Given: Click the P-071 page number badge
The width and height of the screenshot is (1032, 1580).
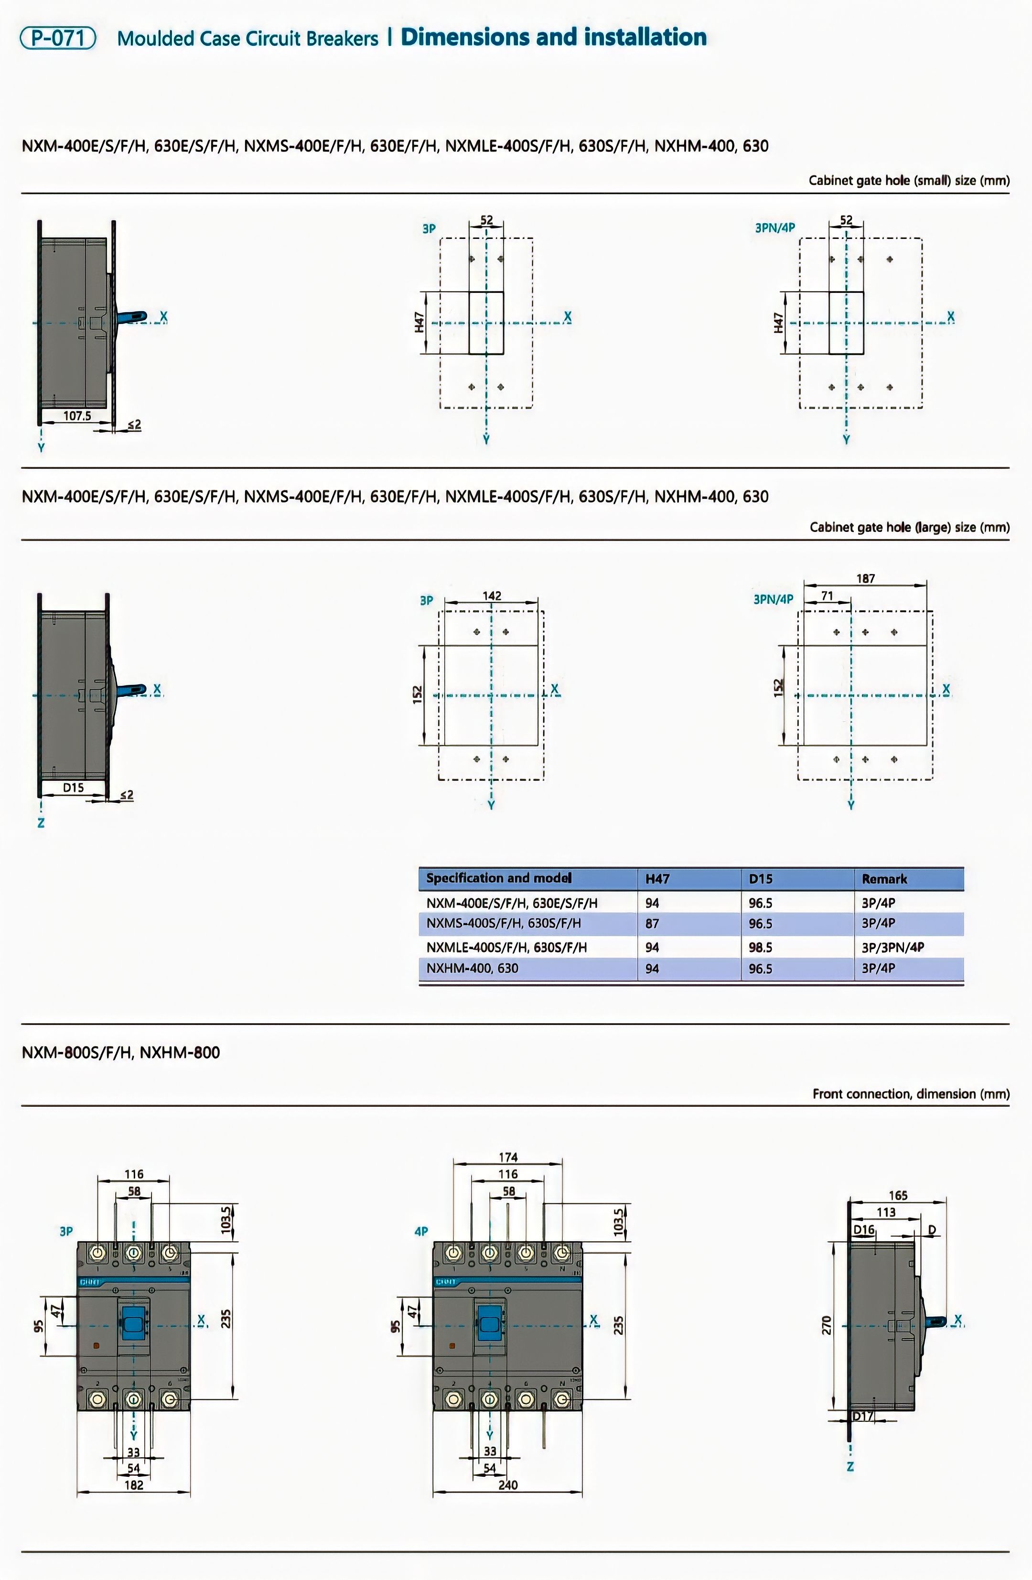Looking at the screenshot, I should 58,38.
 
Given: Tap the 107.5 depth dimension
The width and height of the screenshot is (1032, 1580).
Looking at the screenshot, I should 77,416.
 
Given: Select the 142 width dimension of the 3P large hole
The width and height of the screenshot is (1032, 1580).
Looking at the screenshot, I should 492,595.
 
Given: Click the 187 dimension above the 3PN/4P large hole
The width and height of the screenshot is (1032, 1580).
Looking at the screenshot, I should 865,578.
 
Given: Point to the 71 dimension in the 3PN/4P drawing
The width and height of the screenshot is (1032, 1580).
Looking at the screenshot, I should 827,595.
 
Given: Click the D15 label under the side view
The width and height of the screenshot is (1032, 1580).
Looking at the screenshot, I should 73,787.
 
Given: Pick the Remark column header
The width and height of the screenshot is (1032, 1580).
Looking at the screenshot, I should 884,879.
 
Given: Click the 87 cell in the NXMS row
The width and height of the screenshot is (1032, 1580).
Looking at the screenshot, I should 652,923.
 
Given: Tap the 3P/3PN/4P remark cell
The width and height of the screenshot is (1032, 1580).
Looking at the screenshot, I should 892,947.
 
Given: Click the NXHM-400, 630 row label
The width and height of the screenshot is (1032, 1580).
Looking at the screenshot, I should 472,968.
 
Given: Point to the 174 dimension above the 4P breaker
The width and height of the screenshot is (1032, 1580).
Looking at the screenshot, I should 508,1157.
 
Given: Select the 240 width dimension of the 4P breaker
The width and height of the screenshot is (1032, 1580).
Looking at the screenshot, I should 508,1485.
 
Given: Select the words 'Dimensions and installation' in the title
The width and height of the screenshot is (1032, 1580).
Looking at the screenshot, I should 553,37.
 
